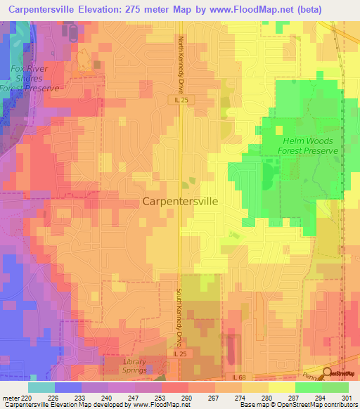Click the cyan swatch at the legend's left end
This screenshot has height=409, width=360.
41,387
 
